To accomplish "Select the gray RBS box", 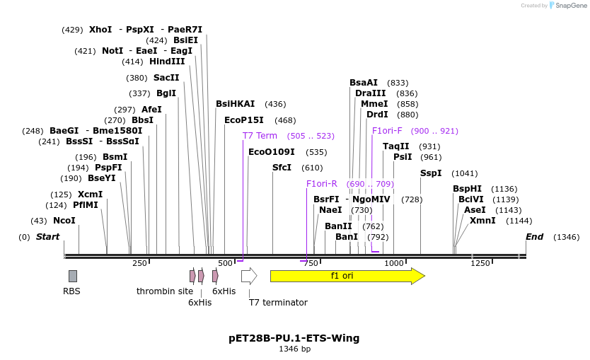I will pos(73,276).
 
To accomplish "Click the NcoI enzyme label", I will pos(64,221).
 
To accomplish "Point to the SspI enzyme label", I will pos(431,173).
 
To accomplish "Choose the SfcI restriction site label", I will pos(282,168).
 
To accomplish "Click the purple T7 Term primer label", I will pos(260,136).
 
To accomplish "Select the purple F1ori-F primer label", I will pos(387,131).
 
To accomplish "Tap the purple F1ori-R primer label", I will pos(322,184).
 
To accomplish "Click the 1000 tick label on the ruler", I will pos(394,263).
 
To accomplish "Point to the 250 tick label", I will pos(139,263).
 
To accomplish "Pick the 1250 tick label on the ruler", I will pos(480,263).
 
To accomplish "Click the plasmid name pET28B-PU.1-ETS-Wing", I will pos(294,338).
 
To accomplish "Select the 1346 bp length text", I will pos(294,349).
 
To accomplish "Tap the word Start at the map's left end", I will pos(47,237).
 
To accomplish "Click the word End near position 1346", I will pos(534,237).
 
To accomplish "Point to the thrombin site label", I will pos(165,291).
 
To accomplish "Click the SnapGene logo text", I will pos(571,6).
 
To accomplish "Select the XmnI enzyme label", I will pos(482,221).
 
